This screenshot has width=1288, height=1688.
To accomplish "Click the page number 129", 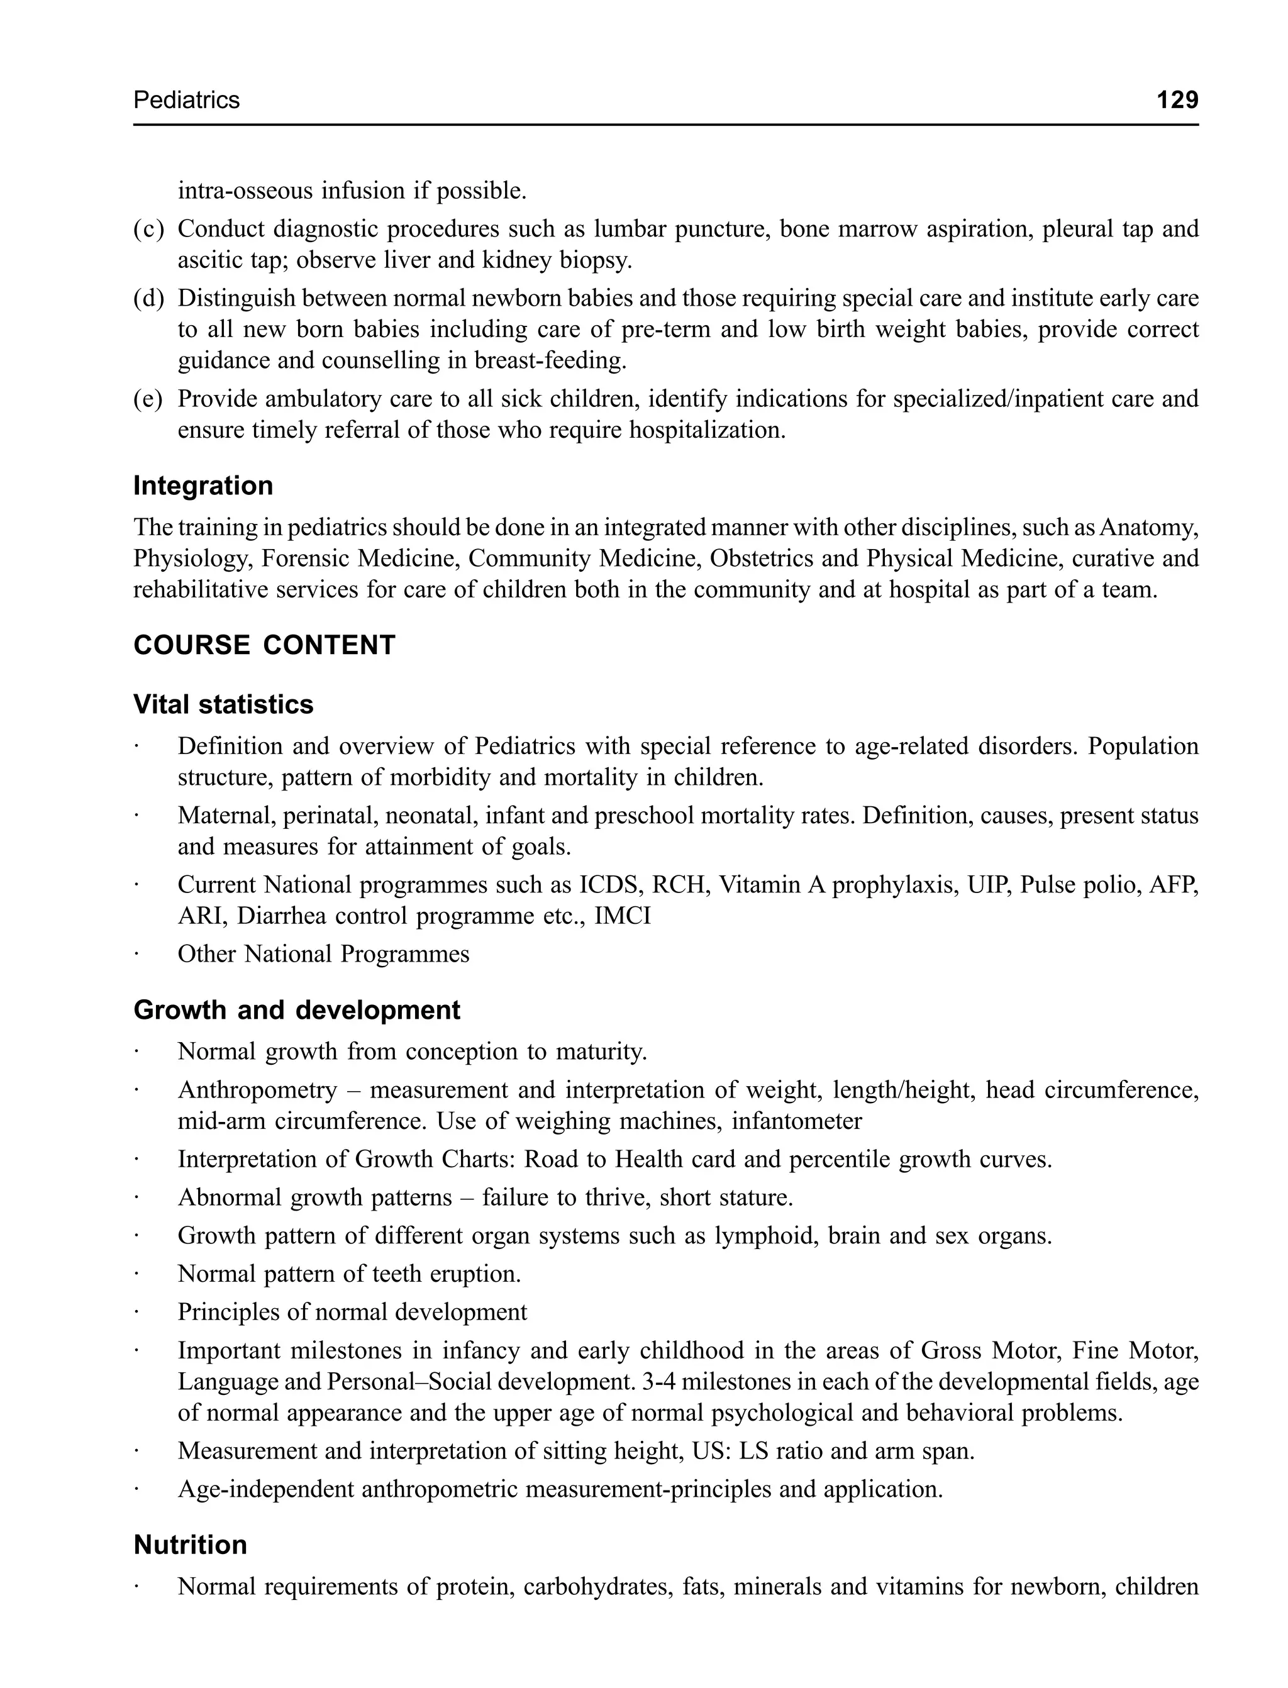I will (x=1177, y=99).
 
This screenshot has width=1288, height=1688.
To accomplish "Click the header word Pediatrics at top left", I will (x=186, y=99).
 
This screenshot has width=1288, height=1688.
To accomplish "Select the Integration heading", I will (x=203, y=486).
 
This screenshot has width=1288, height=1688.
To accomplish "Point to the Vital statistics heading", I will (x=223, y=704).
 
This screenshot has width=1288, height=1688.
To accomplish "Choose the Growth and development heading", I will (x=297, y=1010).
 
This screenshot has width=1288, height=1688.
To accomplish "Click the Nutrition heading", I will (x=190, y=1545).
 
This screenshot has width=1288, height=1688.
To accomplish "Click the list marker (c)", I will (x=148, y=229).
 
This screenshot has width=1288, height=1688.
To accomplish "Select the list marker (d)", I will (x=148, y=298).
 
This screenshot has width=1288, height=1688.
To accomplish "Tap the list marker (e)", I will (x=148, y=399).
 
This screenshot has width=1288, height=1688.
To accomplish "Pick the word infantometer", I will (x=797, y=1121).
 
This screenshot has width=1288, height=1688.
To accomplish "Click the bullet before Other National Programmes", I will (x=136, y=955).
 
